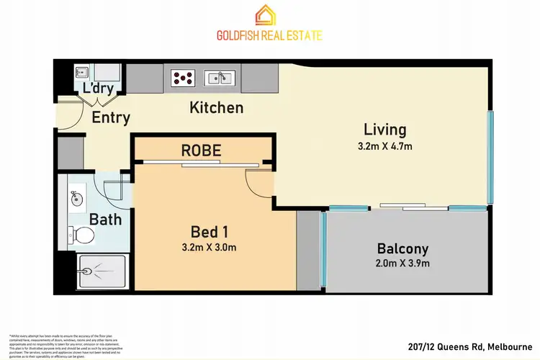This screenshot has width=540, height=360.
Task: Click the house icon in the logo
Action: [x=270, y=14]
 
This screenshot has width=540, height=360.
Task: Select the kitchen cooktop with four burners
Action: [x=182, y=76]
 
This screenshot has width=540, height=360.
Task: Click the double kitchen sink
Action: [x=217, y=76]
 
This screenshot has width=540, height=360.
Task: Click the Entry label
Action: [x=111, y=117]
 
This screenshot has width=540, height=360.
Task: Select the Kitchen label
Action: [x=216, y=108]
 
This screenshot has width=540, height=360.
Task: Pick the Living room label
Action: [x=384, y=130]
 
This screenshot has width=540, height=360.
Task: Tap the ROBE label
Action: [x=201, y=151]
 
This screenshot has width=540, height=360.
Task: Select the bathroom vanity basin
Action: [x=76, y=196]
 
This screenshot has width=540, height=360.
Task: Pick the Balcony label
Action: [x=402, y=249]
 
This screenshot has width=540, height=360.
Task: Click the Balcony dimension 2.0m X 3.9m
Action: [x=402, y=264]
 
